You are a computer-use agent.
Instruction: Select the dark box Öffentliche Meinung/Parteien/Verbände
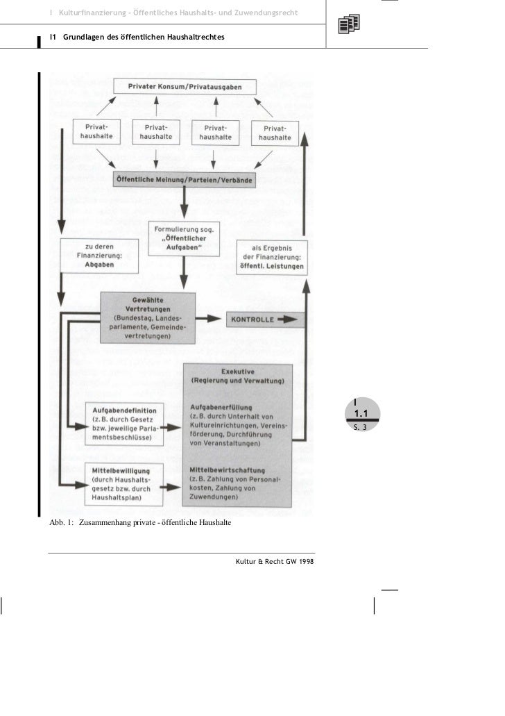184,179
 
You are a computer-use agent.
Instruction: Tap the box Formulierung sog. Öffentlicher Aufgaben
184,238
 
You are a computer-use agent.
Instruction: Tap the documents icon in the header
348,25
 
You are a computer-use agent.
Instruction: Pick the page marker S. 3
359,428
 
